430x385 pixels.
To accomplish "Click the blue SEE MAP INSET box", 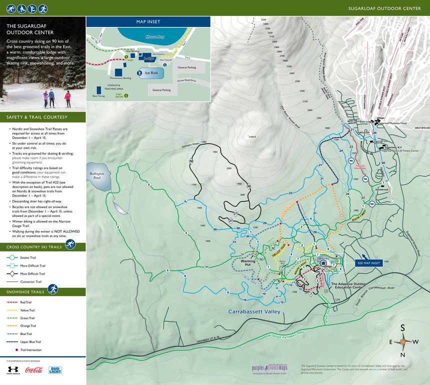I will [x=368, y=262].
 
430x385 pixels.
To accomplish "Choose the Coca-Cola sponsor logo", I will [x=33, y=370].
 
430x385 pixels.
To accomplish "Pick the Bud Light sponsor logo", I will [x=55, y=370].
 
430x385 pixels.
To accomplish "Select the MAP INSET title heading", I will [x=148, y=22].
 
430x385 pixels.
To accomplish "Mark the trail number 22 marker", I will [x=290, y=192].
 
